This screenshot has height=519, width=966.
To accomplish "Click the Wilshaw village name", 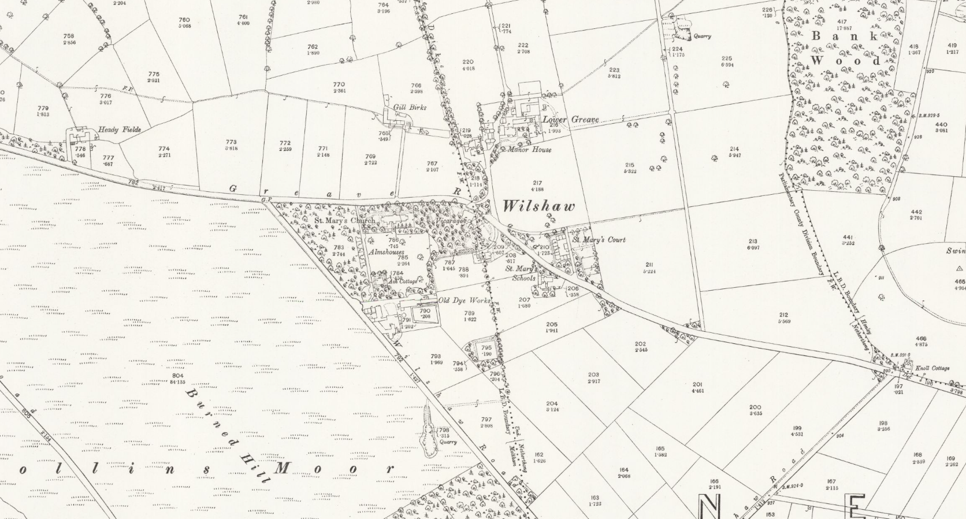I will pyautogui.click(x=538, y=206).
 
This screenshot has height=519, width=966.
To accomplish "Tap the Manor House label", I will pyautogui.click(x=529, y=150).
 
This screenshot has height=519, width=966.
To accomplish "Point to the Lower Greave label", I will pyautogui.click(x=570, y=120).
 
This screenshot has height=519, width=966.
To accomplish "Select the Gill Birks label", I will pyautogui.click(x=410, y=107).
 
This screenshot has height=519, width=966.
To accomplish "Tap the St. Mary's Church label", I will pyautogui.click(x=344, y=220).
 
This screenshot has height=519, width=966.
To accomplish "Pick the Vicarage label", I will pyautogui.click(x=451, y=221).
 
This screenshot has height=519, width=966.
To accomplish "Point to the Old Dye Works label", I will pyautogui.click(x=464, y=301).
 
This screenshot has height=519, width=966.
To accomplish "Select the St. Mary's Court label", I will pyautogui.click(x=599, y=239).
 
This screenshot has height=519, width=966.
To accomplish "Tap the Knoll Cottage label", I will pyautogui.click(x=932, y=368).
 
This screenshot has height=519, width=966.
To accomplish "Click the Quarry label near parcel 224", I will pyautogui.click(x=703, y=36).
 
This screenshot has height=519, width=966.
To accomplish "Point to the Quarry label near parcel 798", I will pyautogui.click(x=448, y=442).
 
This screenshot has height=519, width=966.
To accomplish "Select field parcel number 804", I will pyautogui.click(x=178, y=376).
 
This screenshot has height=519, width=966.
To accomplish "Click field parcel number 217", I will pyautogui.click(x=537, y=183).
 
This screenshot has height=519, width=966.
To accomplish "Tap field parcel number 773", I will pyautogui.click(x=231, y=142).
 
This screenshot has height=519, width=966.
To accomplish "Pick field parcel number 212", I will pyautogui.click(x=783, y=315).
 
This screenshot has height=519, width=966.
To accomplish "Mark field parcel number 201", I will pyautogui.click(x=697, y=384).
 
